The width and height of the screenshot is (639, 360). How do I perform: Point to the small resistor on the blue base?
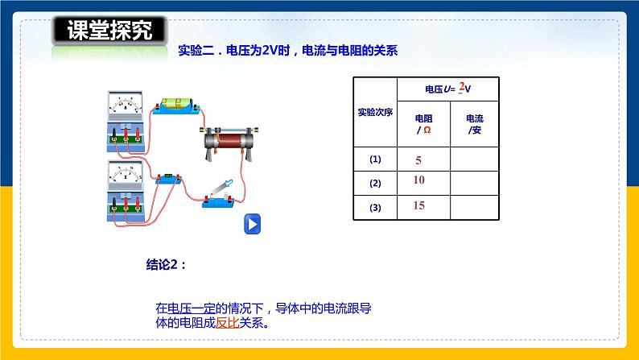tap(170, 178)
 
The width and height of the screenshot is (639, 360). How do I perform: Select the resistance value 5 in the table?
tap(418, 160)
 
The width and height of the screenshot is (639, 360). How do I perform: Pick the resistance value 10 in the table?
tap(418, 180)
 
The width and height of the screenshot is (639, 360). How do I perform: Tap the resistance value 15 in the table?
tap(418, 205)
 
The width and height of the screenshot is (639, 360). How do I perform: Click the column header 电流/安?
tap(475, 124)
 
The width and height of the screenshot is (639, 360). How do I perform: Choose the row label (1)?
tap(374, 159)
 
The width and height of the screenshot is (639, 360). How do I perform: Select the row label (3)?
tap(374, 208)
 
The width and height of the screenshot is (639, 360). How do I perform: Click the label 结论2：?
tap(167, 263)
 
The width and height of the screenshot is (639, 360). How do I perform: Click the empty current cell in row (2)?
tap(475, 183)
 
